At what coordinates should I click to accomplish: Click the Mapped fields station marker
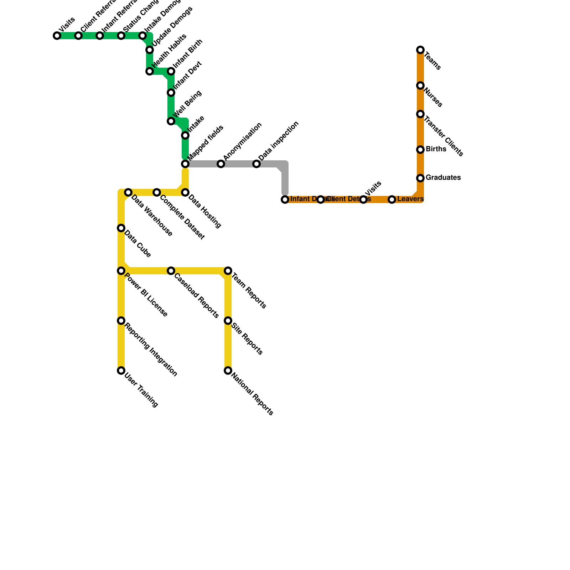[185, 164]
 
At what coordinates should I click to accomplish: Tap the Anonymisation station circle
[221, 164]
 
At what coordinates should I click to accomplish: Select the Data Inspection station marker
[256, 164]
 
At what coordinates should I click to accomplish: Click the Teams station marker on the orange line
[420, 50]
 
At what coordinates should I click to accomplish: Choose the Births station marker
[420, 150]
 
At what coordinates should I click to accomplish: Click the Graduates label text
[443, 177]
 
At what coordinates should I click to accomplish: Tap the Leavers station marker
[392, 199]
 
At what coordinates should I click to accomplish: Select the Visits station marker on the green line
[57, 36]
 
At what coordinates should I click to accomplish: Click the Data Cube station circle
[121, 228]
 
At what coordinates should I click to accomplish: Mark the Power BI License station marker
[121, 271]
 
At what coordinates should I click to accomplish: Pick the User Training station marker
[121, 370]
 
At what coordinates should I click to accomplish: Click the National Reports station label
[252, 394]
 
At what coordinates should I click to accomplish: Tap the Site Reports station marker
[228, 321]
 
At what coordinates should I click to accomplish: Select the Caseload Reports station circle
[171, 271]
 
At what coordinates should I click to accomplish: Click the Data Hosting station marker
[185, 192]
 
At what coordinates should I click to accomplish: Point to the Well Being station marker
[171, 121]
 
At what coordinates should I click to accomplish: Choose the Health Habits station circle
[150, 71]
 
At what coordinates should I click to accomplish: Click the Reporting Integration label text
[151, 349]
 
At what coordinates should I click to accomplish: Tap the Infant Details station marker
[285, 199]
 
